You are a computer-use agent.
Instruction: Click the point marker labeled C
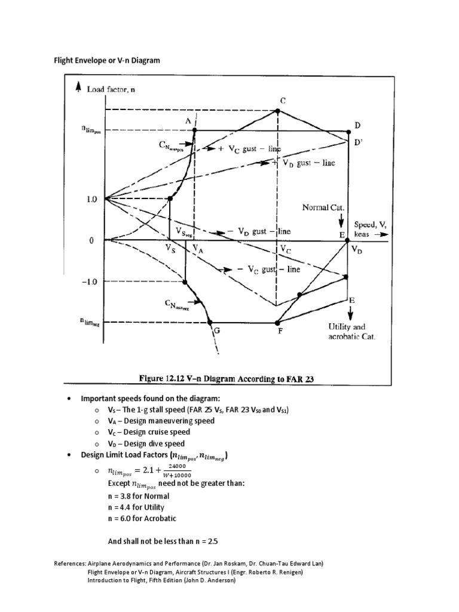point(277,111)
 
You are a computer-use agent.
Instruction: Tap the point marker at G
point(210,322)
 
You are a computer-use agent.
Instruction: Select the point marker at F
point(276,322)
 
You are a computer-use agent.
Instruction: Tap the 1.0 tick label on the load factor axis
point(91,199)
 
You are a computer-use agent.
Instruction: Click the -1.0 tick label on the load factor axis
point(89,281)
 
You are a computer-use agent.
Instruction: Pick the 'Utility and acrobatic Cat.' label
point(352,332)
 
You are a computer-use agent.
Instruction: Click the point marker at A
point(196,130)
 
